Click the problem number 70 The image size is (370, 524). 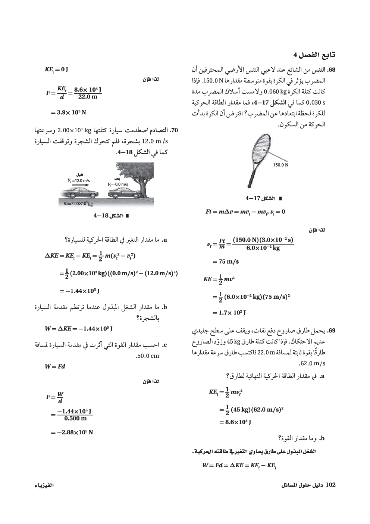[x=175, y=131]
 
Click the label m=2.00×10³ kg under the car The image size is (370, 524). [x=78, y=204]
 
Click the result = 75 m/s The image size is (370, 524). [x=226, y=261]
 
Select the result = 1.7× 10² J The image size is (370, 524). [x=229, y=313]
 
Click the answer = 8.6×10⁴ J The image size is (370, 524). [x=235, y=422]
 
